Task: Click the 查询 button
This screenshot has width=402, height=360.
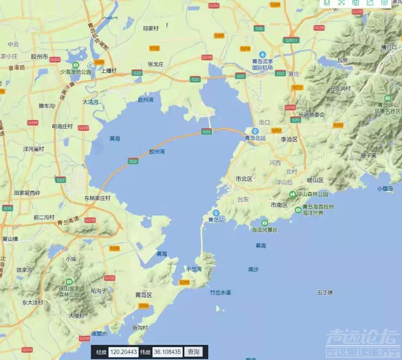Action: pyautogui.click(x=194, y=352)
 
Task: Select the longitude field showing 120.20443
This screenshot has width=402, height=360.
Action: pyautogui.click(x=123, y=352)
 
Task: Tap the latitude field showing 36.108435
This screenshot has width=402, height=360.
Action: pyautogui.click(x=167, y=352)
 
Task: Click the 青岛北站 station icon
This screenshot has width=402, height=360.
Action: pyautogui.click(x=255, y=131)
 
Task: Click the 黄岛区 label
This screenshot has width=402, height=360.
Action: pyautogui.click(x=144, y=295)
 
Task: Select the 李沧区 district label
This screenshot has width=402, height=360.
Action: pyautogui.click(x=289, y=139)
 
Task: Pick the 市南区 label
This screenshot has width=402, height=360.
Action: pyautogui.click(x=279, y=205)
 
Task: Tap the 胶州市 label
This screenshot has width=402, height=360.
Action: pyautogui.click(x=39, y=57)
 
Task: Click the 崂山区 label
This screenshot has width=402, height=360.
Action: pyautogui.click(x=315, y=180)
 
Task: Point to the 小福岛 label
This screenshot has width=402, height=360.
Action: pyautogui.click(x=385, y=189)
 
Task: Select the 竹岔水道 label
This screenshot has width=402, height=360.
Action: pyautogui.click(x=220, y=293)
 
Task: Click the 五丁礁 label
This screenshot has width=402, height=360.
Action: pyautogui.click(x=325, y=293)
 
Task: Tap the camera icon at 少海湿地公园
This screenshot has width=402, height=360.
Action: pyautogui.click(x=76, y=65)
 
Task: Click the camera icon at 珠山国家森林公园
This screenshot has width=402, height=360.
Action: pyautogui.click(x=69, y=281)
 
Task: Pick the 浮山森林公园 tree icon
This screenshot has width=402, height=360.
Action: pyautogui.click(x=293, y=194)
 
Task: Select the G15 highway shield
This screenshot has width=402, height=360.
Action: pyautogui.click(x=7, y=208)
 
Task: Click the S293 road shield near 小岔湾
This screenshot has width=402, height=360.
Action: pyautogui.click(x=184, y=282)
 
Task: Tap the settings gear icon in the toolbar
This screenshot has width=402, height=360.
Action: pyautogui.click(x=384, y=2)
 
